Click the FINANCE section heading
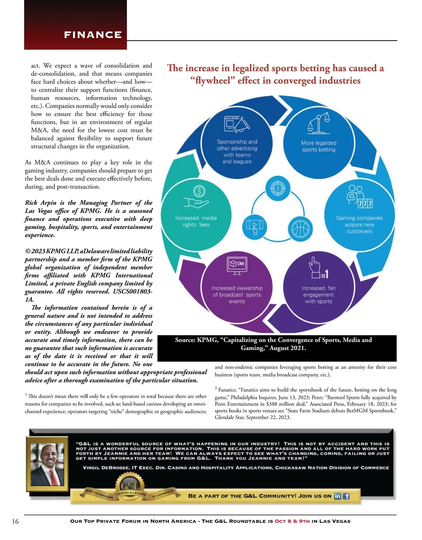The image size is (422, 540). (93, 35)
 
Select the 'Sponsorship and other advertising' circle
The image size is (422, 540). (237, 141)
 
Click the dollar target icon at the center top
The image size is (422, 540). (278, 189)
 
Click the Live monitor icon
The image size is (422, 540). (237, 265)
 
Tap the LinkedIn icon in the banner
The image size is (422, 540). (337, 496)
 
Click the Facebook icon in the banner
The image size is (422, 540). (346, 496)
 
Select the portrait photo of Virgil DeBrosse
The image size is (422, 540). (47, 464)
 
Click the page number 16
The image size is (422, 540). (15, 521)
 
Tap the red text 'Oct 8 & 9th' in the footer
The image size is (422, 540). (292, 521)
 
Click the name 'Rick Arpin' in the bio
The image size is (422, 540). (40, 203)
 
